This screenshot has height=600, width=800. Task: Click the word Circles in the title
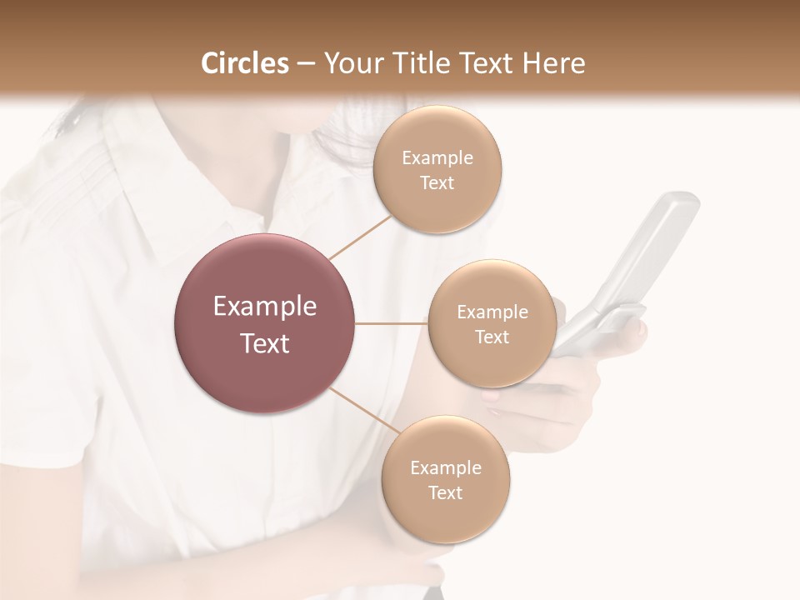click(243, 63)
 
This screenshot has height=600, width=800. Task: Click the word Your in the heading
click(350, 63)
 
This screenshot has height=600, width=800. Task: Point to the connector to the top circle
click(360, 237)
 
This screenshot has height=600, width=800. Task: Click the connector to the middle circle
click(392, 323)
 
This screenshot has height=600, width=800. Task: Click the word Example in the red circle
click(265, 307)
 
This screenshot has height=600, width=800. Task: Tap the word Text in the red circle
click(265, 343)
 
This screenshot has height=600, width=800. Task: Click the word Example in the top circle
click(437, 158)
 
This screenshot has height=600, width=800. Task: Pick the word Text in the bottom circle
click(445, 492)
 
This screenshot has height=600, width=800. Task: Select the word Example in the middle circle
click(492, 312)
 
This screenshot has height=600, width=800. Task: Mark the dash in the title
click(305, 64)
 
